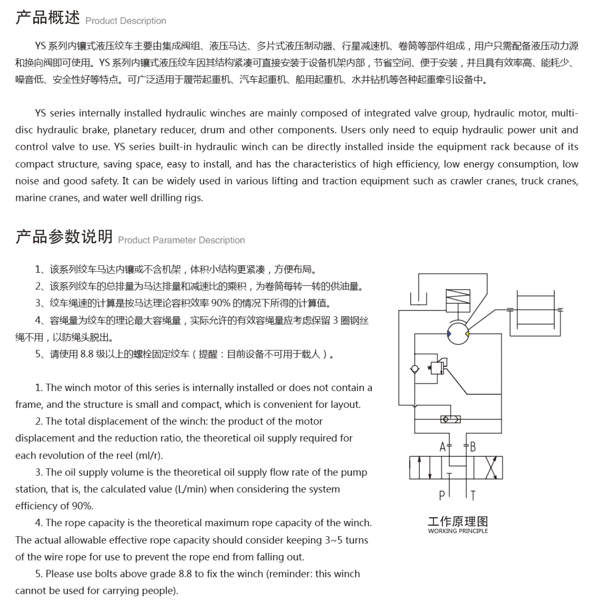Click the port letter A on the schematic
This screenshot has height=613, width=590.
click(442, 447)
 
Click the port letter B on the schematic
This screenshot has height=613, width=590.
click(473, 447)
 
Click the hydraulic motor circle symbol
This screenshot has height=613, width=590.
click(458, 334)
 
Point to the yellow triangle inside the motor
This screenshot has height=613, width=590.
click(467, 334)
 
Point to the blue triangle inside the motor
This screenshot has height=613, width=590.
click(449, 334)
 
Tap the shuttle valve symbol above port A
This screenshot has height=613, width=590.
click(450, 419)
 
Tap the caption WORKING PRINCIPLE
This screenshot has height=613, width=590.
click(458, 531)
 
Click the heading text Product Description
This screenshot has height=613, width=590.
click(126, 21)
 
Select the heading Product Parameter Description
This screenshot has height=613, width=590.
click(181, 240)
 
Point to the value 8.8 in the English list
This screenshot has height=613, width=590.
click(185, 574)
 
